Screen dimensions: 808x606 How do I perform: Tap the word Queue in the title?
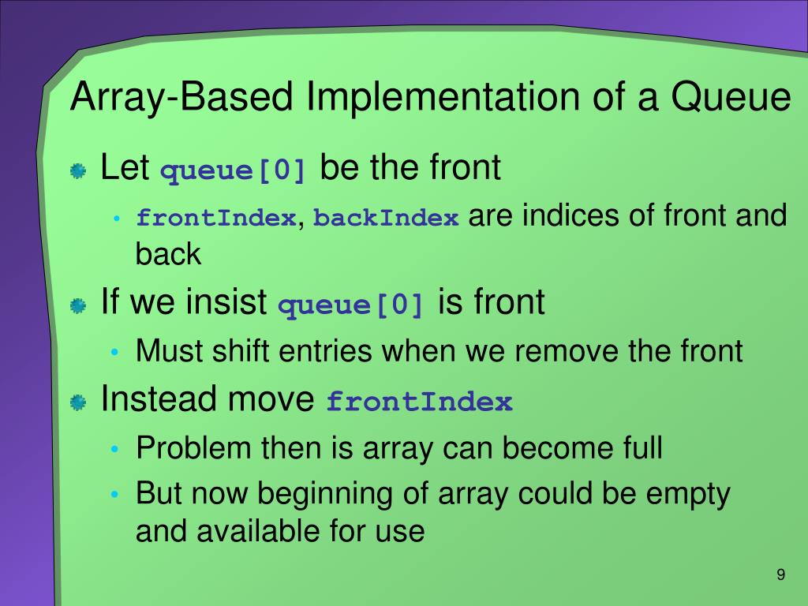tap(731, 97)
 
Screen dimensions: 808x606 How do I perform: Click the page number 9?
tap(780, 574)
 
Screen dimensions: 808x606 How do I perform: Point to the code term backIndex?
tap(386, 218)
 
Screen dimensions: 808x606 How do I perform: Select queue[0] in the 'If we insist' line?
tap(351, 304)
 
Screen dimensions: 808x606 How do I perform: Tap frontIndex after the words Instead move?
tap(420, 402)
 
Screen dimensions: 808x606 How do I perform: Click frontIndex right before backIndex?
tap(216, 218)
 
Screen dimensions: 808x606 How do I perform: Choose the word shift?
tap(241, 350)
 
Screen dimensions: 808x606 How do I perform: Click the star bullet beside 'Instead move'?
tap(78, 402)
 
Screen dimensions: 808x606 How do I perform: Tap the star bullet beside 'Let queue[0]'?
tap(78, 171)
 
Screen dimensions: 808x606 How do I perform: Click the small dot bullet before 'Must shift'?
tap(115, 353)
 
